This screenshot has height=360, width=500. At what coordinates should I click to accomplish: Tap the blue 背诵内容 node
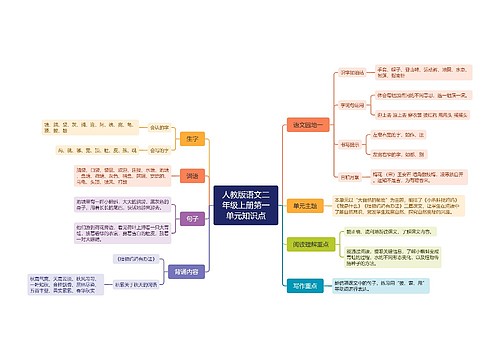pyautogui.click(x=187, y=270)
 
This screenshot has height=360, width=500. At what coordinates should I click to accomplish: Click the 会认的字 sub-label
pyautogui.click(x=158, y=128)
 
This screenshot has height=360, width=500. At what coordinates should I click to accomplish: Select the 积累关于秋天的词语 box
pyautogui.click(x=137, y=282)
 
